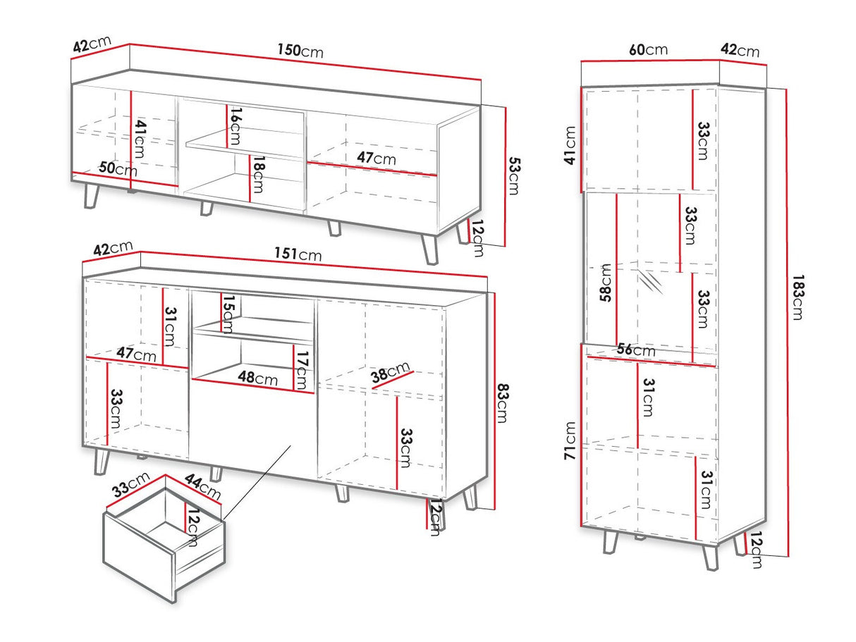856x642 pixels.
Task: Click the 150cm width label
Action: tap(300, 50)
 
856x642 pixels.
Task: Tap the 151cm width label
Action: tap(298, 254)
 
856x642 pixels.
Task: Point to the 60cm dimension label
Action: tap(648, 49)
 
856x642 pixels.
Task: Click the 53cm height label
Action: tap(515, 175)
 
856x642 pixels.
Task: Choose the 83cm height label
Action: tap(503, 403)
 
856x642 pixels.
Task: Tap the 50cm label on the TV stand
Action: tap(118, 168)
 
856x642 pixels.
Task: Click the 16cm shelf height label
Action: tap(236, 127)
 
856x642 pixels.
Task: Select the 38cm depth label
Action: tap(391, 372)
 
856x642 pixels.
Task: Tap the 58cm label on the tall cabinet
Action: tap(606, 283)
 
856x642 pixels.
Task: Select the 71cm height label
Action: tap(570, 440)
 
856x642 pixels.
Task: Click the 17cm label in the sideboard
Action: tap(302, 370)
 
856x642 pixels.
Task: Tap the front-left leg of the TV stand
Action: tap(92, 196)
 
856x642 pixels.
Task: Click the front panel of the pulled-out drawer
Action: tap(139, 557)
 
